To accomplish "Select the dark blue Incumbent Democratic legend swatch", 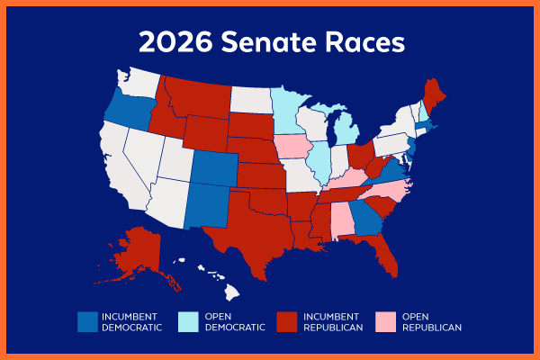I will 87,321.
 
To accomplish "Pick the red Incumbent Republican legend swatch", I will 287,321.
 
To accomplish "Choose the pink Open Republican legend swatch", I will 387,321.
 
